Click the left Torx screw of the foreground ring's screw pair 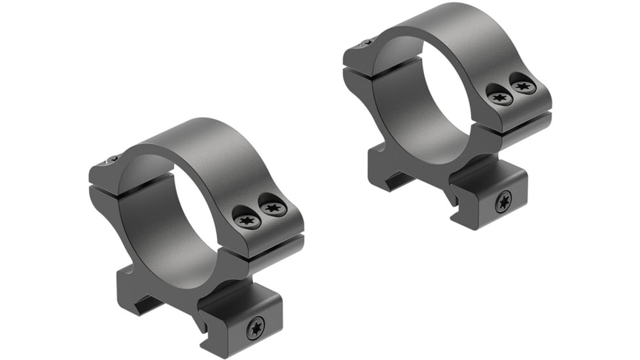click(248, 221)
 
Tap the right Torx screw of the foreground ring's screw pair click(274, 208)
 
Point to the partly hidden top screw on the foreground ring click(113, 159)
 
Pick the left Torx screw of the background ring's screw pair click(501, 98)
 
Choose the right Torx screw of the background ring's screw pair click(523, 85)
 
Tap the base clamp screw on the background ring click(503, 202)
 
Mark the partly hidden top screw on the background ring click(367, 43)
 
